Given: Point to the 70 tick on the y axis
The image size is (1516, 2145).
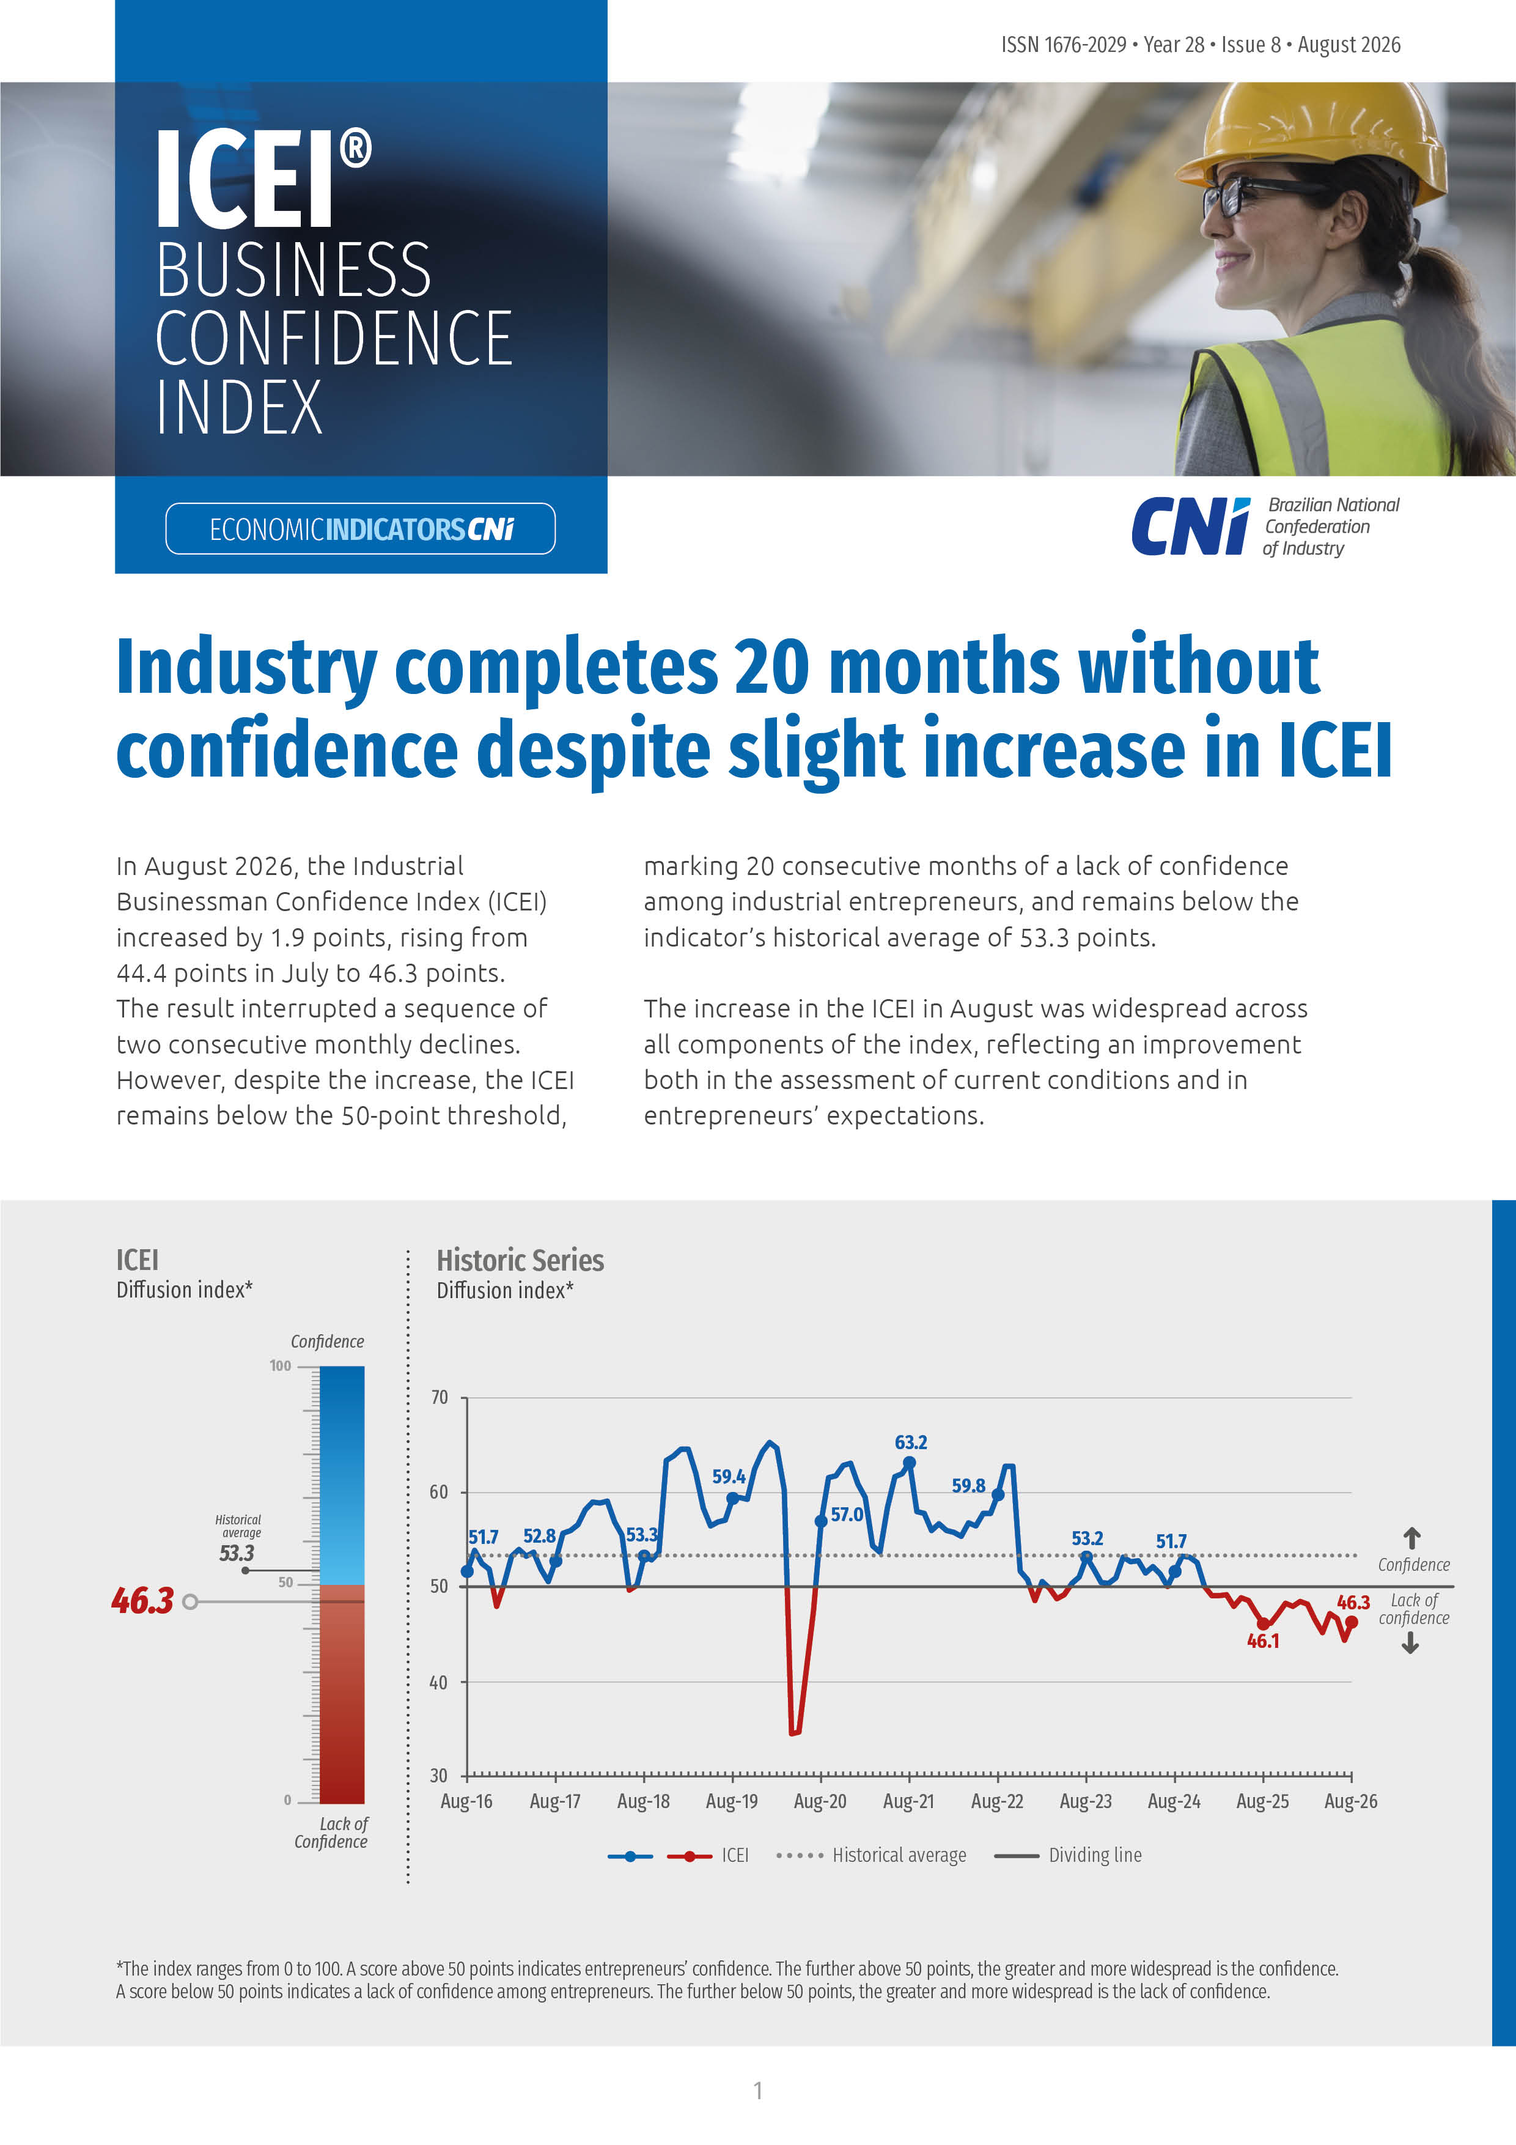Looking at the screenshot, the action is click(x=439, y=1398).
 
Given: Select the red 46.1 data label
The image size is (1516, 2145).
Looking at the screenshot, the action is click(x=1263, y=1641).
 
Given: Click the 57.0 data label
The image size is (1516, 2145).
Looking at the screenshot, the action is click(x=847, y=1515).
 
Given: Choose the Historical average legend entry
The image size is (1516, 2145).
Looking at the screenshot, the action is click(x=870, y=1855).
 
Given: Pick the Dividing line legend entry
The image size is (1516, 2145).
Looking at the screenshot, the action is click(x=1068, y=1855).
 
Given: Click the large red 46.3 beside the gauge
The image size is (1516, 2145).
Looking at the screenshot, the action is click(x=142, y=1600).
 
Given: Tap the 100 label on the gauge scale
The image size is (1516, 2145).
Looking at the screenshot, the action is click(x=280, y=1366).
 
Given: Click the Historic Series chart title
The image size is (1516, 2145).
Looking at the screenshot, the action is click(x=520, y=1260).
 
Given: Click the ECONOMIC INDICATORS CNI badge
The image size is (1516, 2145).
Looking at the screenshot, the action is click(x=361, y=529).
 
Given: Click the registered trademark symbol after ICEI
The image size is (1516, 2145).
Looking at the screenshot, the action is click(x=355, y=149).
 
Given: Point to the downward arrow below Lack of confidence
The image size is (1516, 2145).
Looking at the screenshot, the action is click(x=1410, y=1644).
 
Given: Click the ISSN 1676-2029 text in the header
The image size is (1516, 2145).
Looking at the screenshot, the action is click(x=1064, y=45).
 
